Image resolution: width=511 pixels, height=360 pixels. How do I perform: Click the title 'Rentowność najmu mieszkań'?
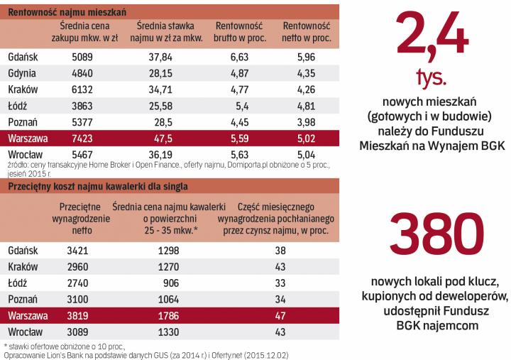coord(67,11)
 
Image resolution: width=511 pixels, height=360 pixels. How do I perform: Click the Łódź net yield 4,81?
coord(312,105)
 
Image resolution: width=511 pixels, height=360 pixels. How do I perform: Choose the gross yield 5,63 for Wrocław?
coord(240,153)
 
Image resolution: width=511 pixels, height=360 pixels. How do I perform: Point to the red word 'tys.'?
coord(434,76)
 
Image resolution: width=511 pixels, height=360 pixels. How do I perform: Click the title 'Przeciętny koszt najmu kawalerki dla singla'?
coord(97,187)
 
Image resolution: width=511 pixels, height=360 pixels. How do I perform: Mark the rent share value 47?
coord(280,315)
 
